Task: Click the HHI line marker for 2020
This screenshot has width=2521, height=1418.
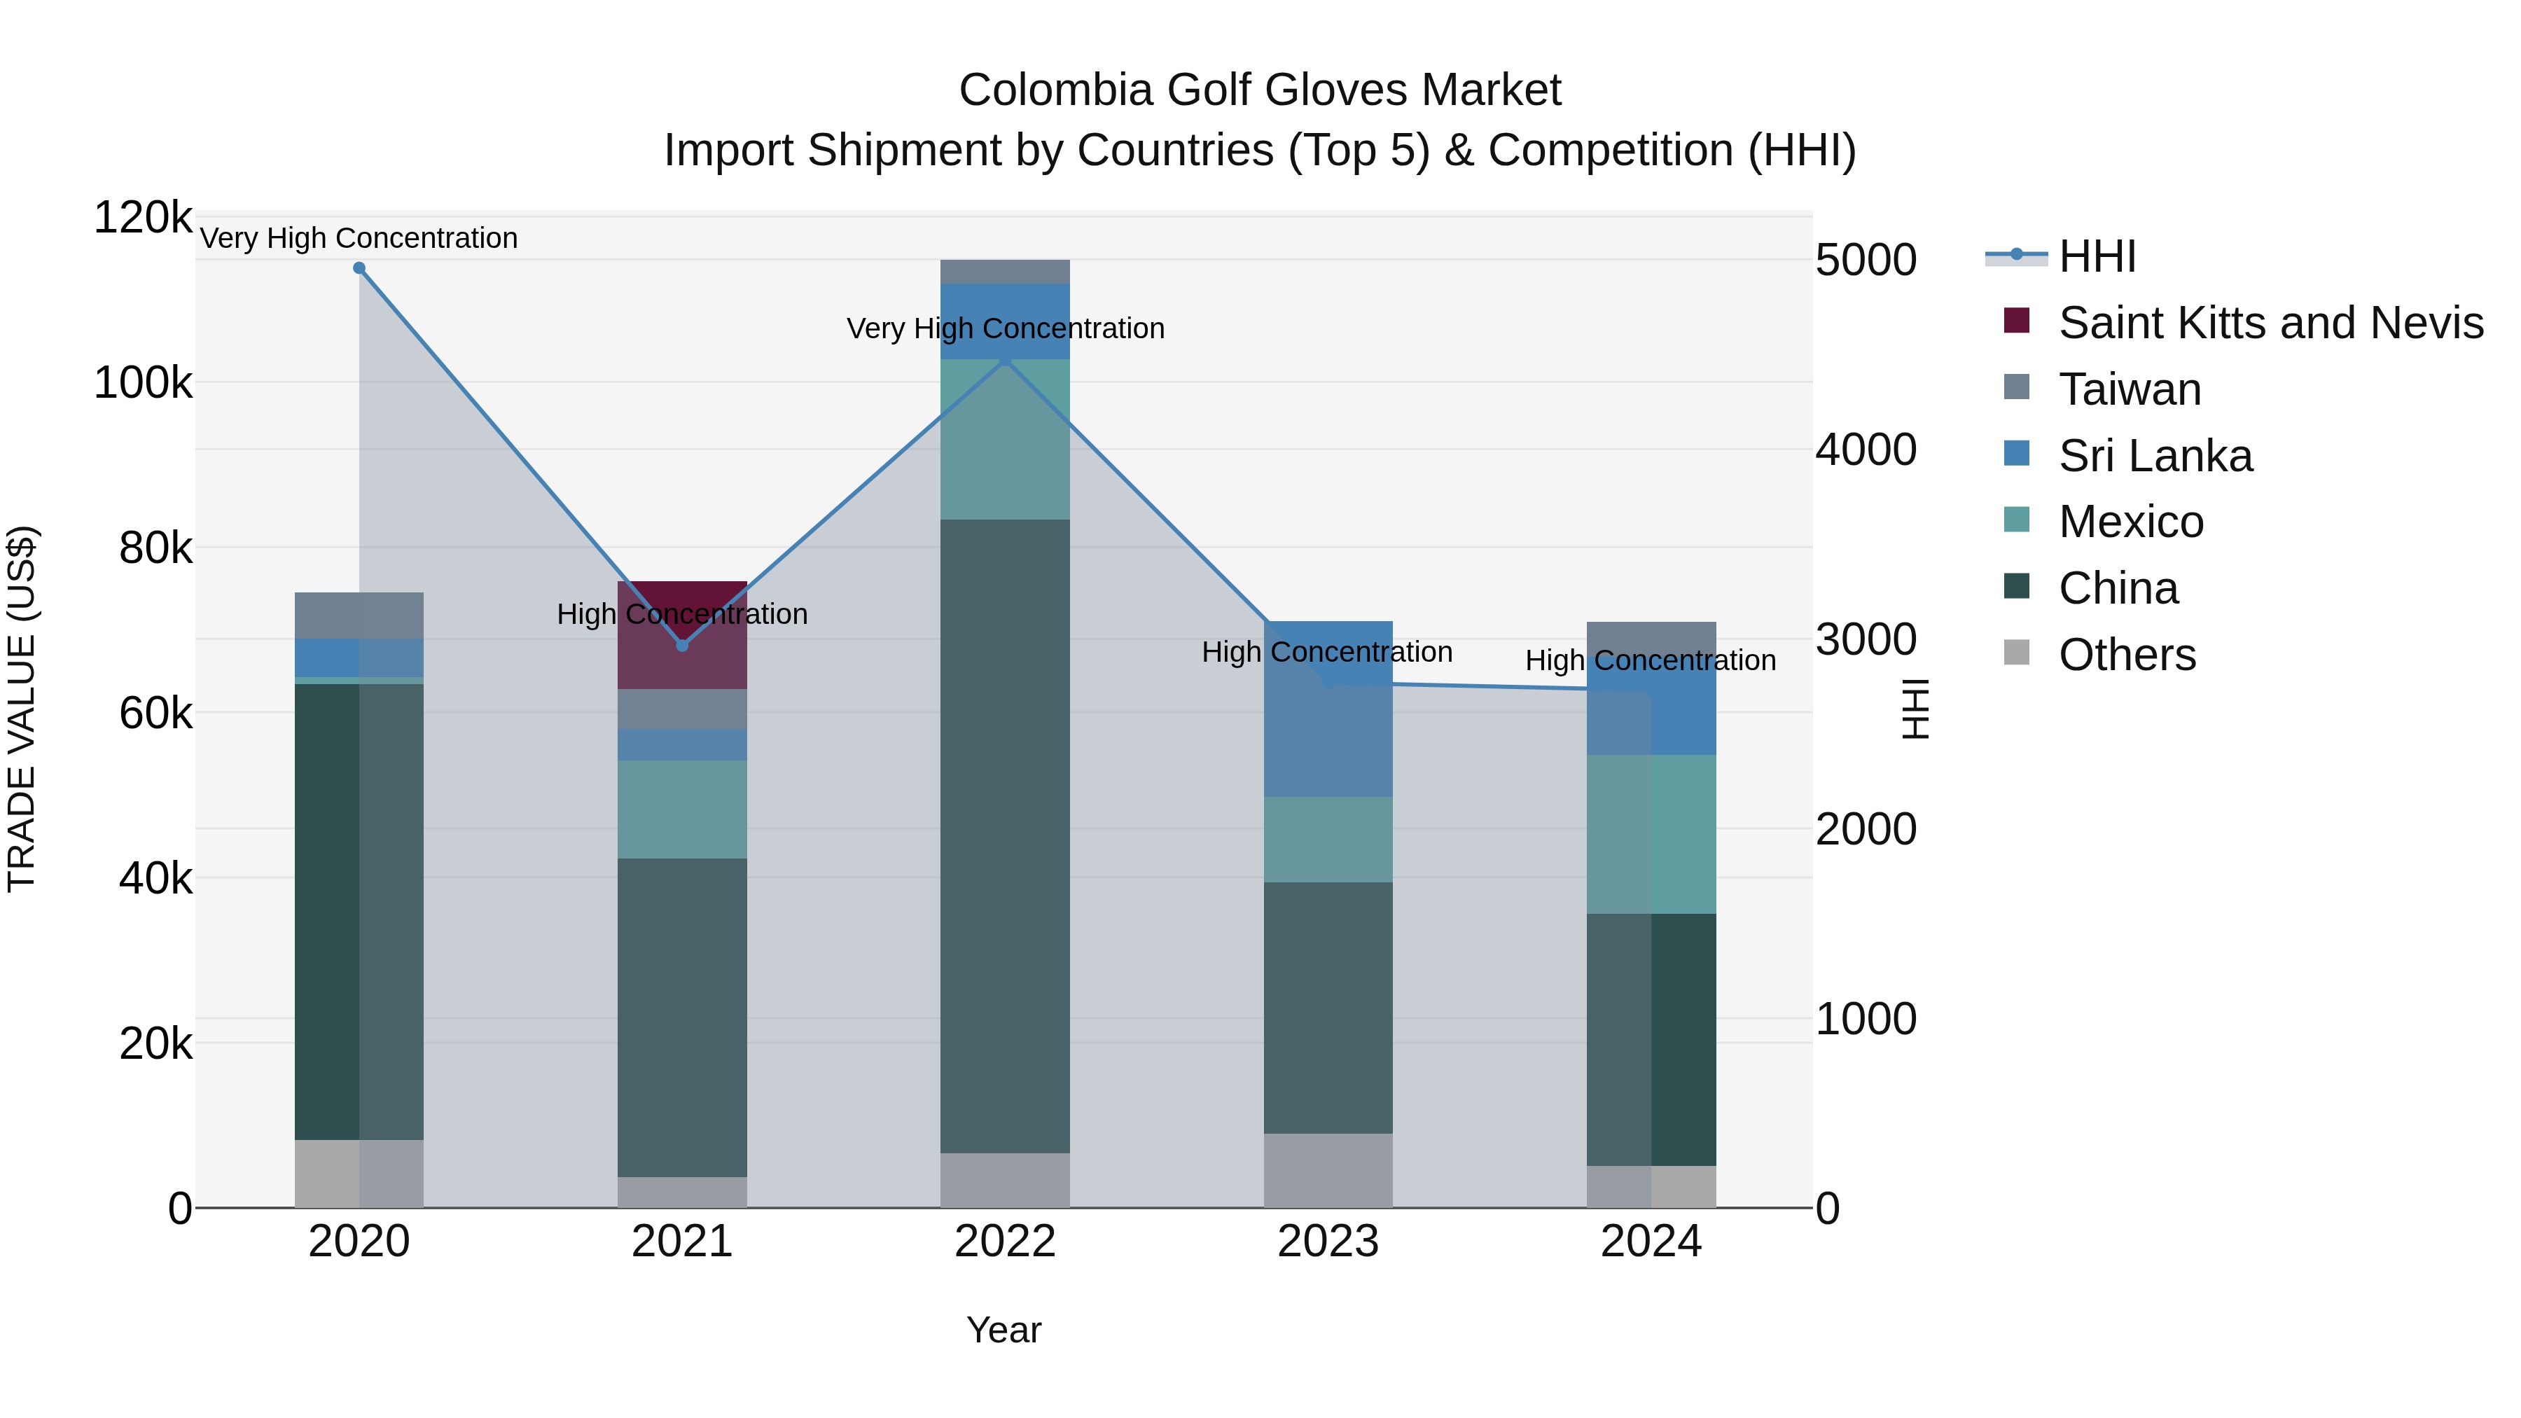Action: coord(359,268)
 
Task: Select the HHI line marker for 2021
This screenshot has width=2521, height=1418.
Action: coord(682,646)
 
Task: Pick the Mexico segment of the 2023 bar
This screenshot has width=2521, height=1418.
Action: coord(1328,839)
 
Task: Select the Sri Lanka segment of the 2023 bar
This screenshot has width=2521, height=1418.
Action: coord(1328,709)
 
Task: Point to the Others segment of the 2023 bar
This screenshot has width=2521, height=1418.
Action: coord(1328,1170)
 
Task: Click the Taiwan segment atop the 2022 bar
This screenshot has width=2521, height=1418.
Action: coord(1005,271)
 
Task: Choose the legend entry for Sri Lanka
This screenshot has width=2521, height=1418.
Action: coord(2153,456)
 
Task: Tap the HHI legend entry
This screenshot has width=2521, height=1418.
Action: coord(2095,256)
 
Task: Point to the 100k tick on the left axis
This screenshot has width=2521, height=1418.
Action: coord(143,382)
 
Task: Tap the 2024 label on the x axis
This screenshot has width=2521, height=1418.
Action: coord(1651,1242)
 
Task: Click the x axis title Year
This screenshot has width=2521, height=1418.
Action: coord(1004,1330)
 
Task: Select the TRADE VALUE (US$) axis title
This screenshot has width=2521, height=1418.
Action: coord(22,709)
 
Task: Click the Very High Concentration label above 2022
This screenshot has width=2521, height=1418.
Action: coord(1005,329)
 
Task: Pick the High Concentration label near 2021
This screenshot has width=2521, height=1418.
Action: coord(682,615)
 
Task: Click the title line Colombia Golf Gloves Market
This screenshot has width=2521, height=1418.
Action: coord(1260,90)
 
